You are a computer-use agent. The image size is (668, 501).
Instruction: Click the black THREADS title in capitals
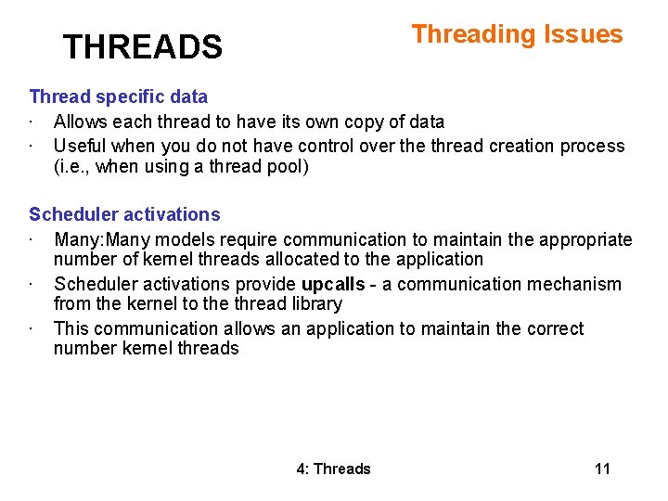pyautogui.click(x=142, y=46)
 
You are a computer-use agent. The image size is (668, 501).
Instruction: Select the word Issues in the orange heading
pyautogui.click(x=583, y=34)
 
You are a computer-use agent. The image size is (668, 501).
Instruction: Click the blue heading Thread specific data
pyautogui.click(x=118, y=96)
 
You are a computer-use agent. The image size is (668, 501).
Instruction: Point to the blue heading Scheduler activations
pyautogui.click(x=124, y=214)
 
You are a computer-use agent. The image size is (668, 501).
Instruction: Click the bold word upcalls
pyautogui.click(x=333, y=284)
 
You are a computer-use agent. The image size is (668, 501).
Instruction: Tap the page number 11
pyautogui.click(x=602, y=469)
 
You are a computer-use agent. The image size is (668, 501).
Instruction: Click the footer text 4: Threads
pyautogui.click(x=333, y=469)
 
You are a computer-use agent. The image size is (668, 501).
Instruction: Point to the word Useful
pyautogui.click(x=78, y=146)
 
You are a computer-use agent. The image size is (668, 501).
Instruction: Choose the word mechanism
pyautogui.click(x=578, y=284)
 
